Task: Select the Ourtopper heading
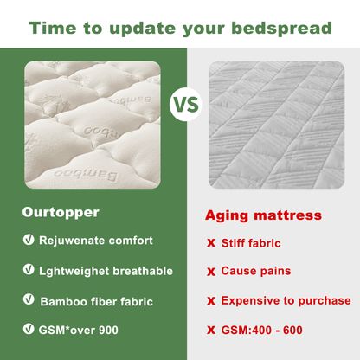(x=61, y=211)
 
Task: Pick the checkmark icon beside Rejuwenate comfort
(x=29, y=240)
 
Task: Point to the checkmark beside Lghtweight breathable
(x=29, y=270)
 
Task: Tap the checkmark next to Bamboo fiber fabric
(x=29, y=300)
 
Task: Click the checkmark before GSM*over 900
(x=29, y=330)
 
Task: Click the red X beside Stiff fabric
(x=210, y=244)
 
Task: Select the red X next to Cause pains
(x=210, y=272)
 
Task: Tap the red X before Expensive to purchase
(x=210, y=301)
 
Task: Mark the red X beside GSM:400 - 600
(x=210, y=331)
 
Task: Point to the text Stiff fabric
(x=251, y=243)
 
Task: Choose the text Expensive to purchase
(x=286, y=301)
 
